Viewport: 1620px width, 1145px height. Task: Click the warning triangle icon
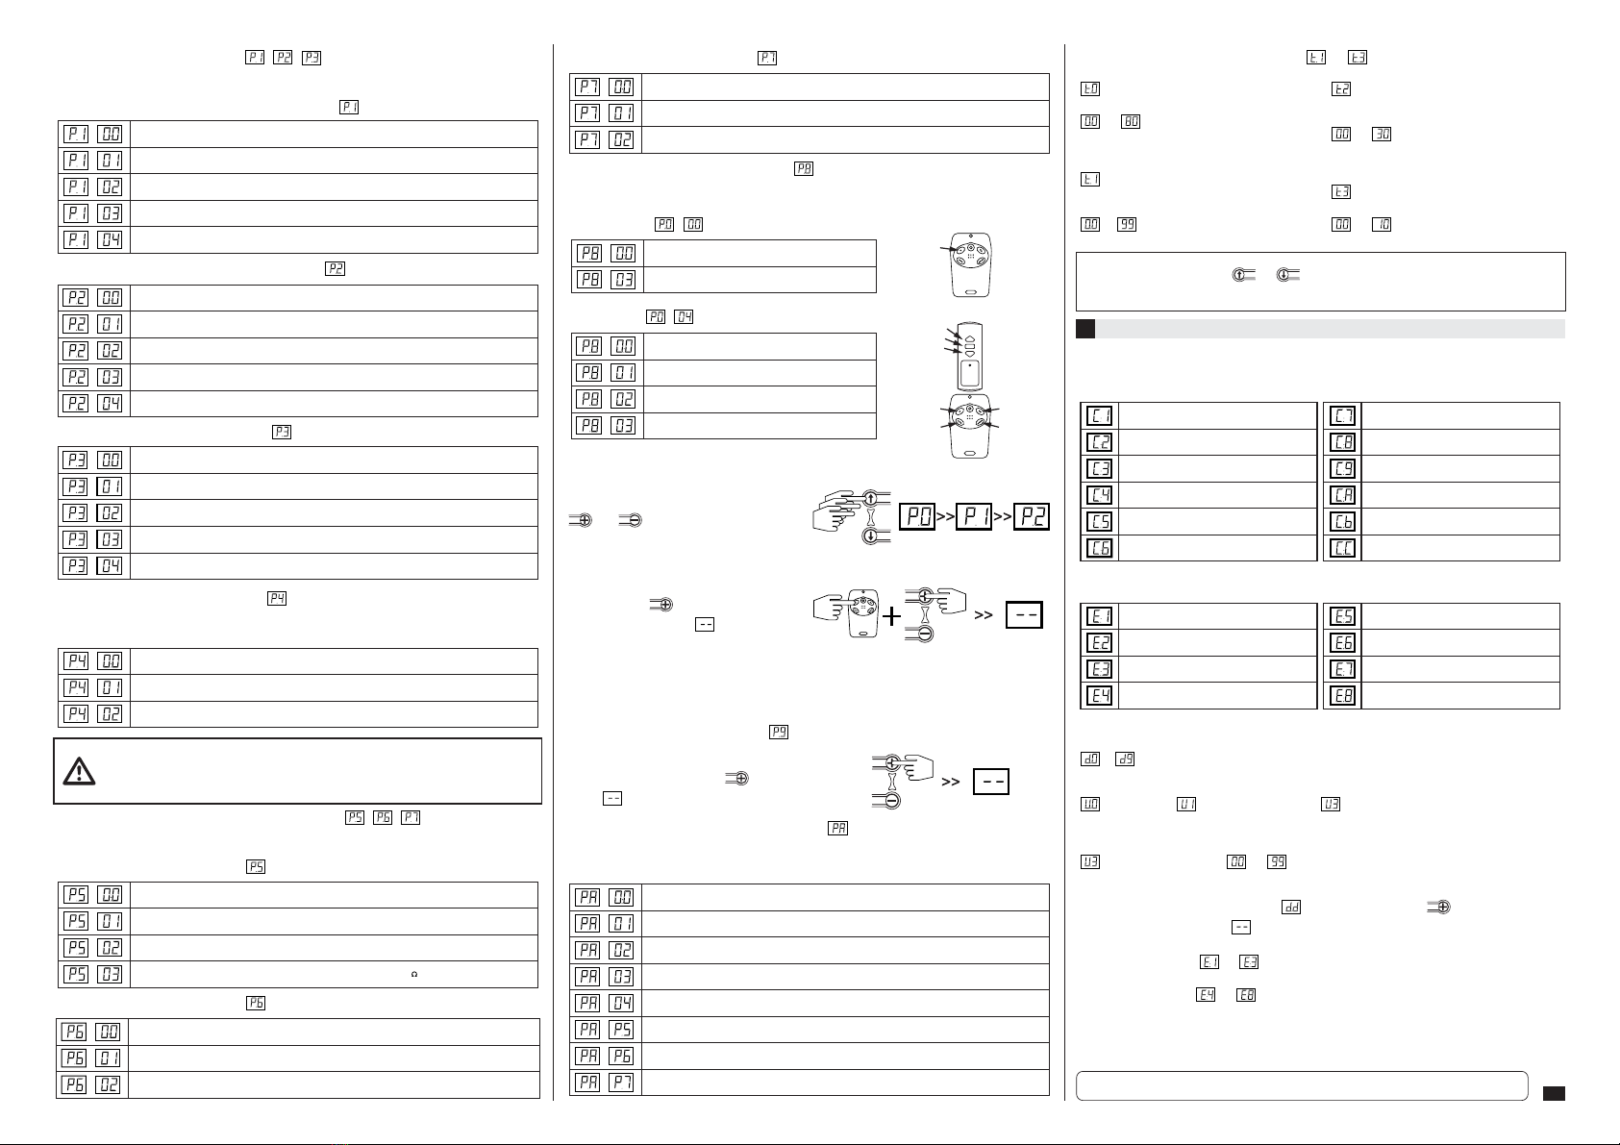(79, 772)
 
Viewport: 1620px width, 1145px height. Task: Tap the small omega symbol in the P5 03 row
(414, 974)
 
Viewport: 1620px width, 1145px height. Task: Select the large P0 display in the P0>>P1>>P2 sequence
(917, 516)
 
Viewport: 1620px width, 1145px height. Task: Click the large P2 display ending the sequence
(1032, 516)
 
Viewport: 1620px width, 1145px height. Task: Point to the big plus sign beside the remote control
(891, 615)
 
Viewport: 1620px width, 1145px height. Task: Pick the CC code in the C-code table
(1343, 548)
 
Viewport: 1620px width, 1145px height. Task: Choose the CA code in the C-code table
(1343, 495)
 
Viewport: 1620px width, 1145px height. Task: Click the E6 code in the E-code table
(1343, 643)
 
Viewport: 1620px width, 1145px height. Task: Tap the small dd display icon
(1291, 907)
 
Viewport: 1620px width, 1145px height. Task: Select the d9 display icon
(1125, 759)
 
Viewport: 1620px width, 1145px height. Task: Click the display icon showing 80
(1131, 121)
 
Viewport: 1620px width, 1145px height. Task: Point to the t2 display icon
(1341, 89)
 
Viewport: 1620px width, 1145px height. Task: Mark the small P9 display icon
(778, 732)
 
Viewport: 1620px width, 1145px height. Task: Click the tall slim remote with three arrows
(970, 356)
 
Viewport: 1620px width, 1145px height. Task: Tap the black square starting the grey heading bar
(1085, 329)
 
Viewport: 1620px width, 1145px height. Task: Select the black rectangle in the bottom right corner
(1554, 1094)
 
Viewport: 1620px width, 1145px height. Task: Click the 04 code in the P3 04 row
(110, 565)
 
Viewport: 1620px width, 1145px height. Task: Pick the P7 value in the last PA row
(621, 1083)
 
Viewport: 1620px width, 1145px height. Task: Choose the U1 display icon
(1186, 804)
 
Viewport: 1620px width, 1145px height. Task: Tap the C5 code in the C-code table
(1099, 521)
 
